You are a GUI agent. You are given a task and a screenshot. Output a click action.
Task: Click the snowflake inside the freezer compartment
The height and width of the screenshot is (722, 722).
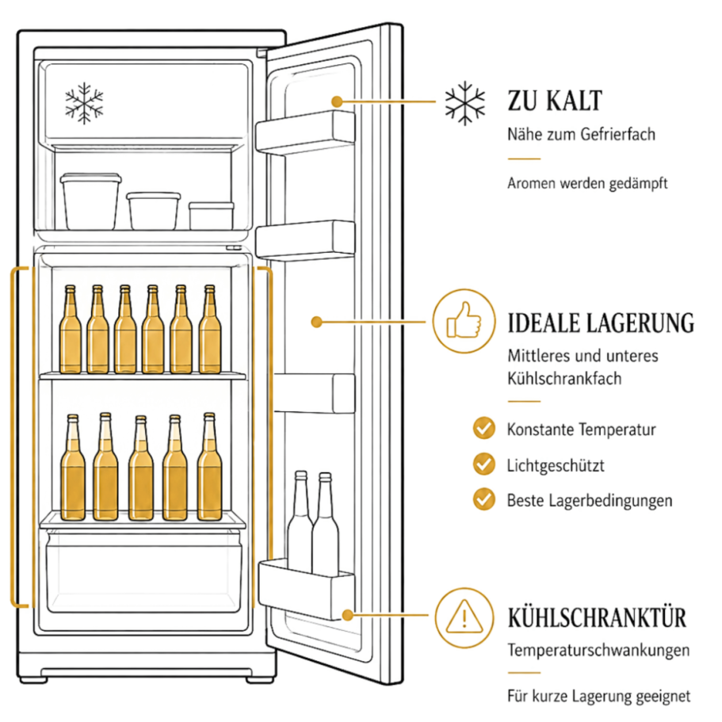tap(84, 103)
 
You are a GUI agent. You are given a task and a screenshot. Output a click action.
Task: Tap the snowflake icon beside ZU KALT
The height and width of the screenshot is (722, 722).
tap(464, 103)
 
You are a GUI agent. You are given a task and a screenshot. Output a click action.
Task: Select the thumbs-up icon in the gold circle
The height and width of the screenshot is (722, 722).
tap(464, 321)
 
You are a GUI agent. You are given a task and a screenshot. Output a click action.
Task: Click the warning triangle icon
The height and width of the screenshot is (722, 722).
tap(464, 617)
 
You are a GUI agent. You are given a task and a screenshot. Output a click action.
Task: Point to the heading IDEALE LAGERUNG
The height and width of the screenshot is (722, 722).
tap(601, 323)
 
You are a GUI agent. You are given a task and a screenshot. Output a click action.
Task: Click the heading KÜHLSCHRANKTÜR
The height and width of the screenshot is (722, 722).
tap(598, 618)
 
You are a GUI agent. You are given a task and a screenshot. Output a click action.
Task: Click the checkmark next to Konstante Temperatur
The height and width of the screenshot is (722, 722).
tap(484, 428)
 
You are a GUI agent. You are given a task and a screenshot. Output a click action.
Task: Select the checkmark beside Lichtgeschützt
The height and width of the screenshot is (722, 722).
tap(484, 464)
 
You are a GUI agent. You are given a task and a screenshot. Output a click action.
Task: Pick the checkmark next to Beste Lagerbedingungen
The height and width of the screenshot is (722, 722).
tap(484, 499)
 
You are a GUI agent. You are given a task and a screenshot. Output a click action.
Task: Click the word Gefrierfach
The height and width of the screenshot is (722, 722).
tap(617, 135)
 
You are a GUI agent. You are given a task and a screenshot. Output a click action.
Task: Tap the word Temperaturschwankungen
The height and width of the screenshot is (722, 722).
tap(598, 651)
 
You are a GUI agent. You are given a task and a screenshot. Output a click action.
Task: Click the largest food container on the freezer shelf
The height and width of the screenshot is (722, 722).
tap(90, 201)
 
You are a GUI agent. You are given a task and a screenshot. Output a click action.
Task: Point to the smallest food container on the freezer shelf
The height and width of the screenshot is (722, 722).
tap(212, 216)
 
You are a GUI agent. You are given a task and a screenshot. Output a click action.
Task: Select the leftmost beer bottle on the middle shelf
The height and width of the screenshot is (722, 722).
tap(71, 329)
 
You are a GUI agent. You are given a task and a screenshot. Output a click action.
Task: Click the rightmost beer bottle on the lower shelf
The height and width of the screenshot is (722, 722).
tap(209, 467)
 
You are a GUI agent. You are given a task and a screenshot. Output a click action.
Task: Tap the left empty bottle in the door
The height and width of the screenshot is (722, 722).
tap(300, 521)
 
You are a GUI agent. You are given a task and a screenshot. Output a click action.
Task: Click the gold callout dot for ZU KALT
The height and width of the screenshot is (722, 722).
tap(337, 101)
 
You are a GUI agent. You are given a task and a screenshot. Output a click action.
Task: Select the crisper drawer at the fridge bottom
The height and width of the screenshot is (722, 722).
tap(143, 572)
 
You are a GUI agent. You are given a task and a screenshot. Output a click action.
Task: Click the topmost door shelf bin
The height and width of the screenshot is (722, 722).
tap(305, 132)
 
